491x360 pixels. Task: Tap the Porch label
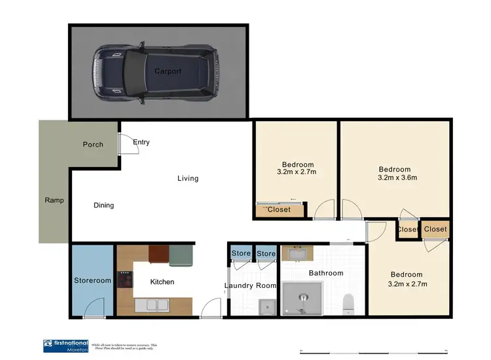[93, 145]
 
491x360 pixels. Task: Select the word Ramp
[54, 200]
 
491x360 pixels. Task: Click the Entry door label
[141, 142]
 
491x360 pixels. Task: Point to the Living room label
[188, 178]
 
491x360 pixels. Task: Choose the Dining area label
[103, 206]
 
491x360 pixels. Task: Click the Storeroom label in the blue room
[92, 281]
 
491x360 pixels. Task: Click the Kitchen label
[162, 282]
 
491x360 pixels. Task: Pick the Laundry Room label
[251, 286]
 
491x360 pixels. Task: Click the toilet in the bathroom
[349, 302]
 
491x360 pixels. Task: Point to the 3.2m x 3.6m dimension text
[397, 177]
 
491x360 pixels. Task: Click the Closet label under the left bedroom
[279, 209]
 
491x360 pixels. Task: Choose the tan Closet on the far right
[435, 229]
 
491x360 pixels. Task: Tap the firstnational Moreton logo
[65, 346]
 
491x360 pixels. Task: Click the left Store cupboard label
[241, 254]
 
